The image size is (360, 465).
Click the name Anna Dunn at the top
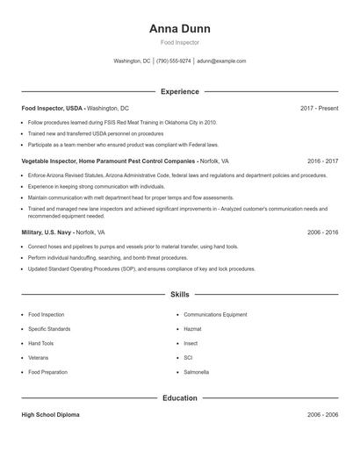(180, 28)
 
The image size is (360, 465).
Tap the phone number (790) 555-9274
(174, 61)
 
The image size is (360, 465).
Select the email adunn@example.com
(221, 61)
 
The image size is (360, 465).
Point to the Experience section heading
(180, 91)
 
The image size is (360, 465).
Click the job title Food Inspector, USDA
(53, 108)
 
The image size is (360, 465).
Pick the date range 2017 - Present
(319, 108)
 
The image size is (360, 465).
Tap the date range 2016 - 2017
(322, 161)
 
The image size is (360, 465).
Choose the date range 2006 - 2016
(322, 232)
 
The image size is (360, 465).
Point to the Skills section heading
(180, 295)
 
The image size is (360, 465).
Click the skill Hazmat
(193, 329)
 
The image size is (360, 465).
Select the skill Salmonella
(197, 372)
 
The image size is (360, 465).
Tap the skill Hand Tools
(41, 343)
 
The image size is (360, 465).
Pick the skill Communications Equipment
(215, 314)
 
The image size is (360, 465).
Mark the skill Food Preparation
(47, 372)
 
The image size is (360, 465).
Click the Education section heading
(180, 398)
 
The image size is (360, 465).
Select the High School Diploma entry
(50, 415)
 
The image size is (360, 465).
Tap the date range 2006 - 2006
(322, 415)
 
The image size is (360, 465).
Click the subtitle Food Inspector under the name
(180, 42)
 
